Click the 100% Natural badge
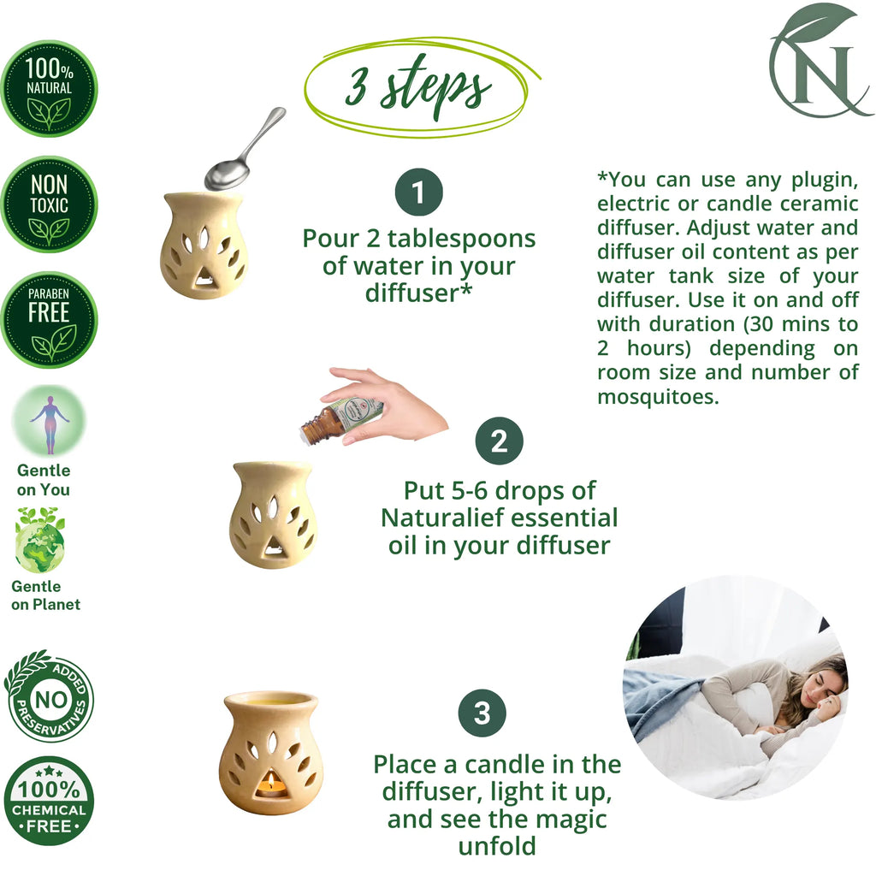coord(49,88)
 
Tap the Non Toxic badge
coord(49,204)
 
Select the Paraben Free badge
coord(49,320)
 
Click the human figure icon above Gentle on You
coord(49,421)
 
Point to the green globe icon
coord(40,541)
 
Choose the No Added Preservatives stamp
coord(49,696)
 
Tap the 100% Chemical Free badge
coord(49,801)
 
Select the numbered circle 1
coord(419,192)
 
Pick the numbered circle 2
coord(500,441)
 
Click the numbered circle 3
coord(482,713)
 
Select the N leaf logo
coord(820,61)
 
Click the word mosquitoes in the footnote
coord(658,397)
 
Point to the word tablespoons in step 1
coord(461,240)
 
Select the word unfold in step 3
coord(497,846)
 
